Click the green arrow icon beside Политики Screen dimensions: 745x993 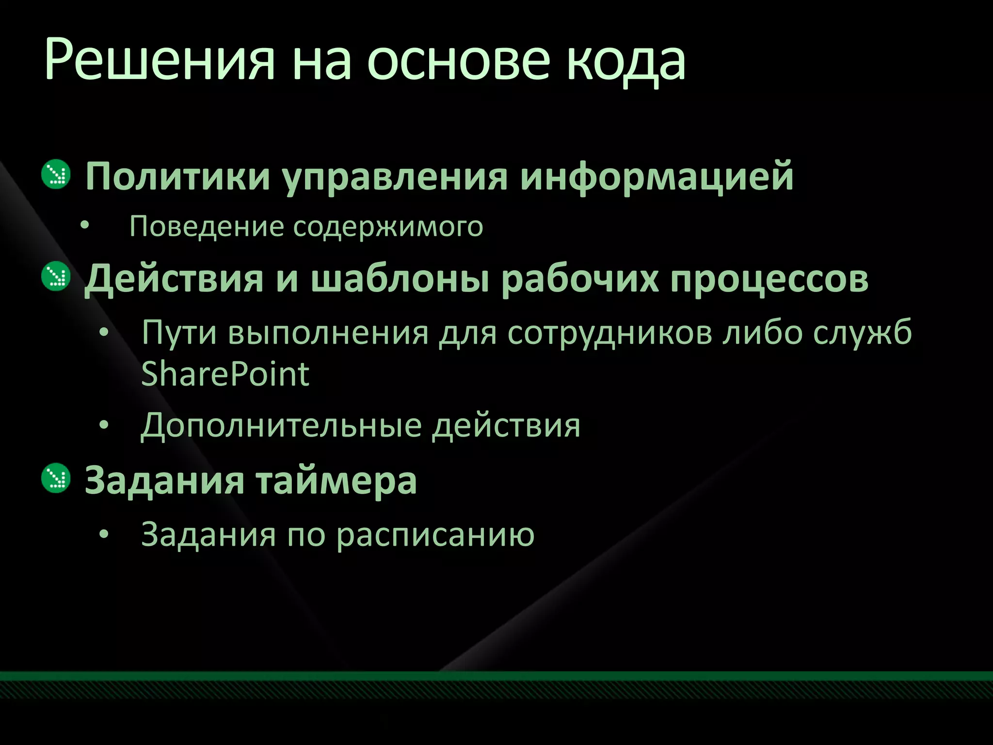56,174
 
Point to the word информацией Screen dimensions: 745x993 657,177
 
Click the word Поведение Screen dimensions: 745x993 206,227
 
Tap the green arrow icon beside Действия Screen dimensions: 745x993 56,276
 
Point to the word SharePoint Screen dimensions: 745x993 225,374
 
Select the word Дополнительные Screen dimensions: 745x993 281,425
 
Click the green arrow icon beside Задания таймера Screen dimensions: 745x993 56,478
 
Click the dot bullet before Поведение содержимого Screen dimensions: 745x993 85,226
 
